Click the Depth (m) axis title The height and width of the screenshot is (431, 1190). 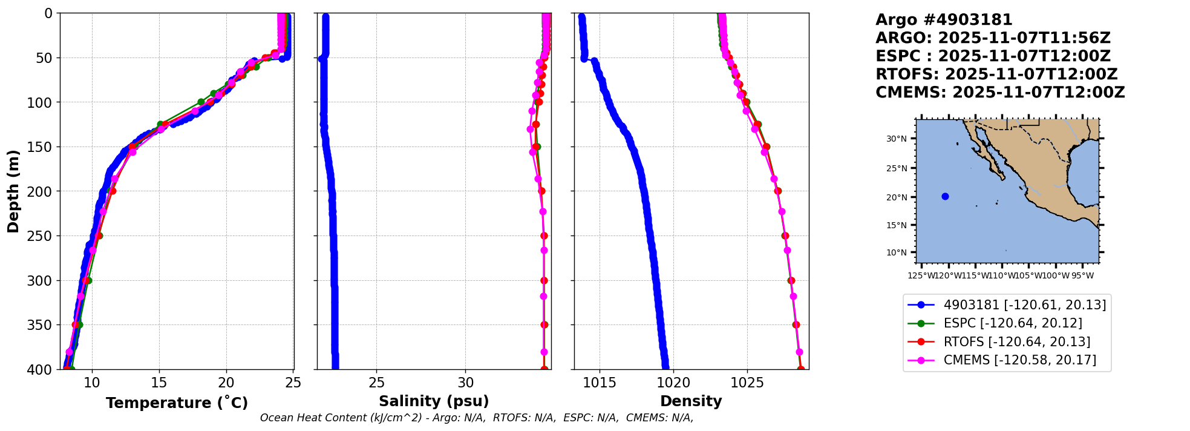click(13, 191)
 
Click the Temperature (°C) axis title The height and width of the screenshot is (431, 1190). click(177, 403)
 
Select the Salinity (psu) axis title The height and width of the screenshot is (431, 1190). click(434, 401)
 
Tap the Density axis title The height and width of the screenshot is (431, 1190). click(691, 401)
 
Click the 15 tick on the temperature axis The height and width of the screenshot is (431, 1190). click(159, 383)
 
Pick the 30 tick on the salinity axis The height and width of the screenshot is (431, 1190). click(466, 383)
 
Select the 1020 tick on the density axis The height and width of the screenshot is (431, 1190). click(673, 383)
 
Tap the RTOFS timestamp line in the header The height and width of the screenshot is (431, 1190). click(996, 74)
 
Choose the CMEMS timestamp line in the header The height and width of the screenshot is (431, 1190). click(1000, 93)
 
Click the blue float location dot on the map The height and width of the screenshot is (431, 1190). click(945, 196)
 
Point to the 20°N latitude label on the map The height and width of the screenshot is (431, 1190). click(897, 197)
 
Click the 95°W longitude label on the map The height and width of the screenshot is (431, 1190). click(1082, 276)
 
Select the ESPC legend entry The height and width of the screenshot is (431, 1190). click(1013, 323)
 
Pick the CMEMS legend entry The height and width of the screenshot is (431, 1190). click(1019, 360)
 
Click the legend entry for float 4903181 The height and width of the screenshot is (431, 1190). click(1024, 305)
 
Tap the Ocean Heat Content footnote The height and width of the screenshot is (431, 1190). click(477, 418)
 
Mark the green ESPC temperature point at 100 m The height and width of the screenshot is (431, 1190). click(201, 102)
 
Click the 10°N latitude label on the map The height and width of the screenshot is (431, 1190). click(897, 253)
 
